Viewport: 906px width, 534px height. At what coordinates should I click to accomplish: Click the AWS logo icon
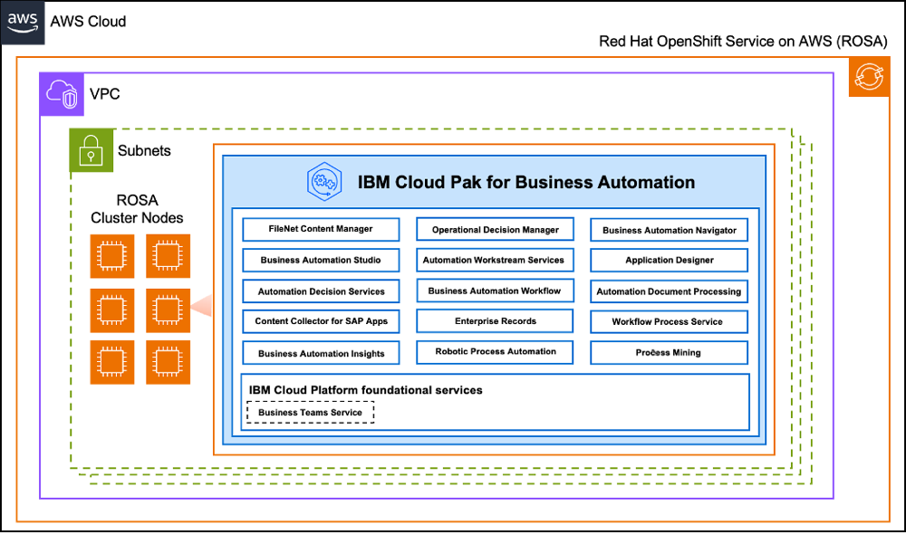24,21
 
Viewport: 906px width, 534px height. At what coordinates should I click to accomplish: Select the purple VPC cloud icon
61,93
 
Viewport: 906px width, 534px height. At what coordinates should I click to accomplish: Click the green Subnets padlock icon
92,150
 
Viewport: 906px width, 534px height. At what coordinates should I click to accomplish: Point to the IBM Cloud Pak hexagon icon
323,182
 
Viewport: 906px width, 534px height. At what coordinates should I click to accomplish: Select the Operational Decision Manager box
495,230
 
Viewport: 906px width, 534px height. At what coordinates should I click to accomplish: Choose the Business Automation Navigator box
669,230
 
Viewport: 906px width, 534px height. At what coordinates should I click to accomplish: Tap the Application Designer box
669,261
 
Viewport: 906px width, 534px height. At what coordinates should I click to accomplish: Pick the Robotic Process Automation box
495,351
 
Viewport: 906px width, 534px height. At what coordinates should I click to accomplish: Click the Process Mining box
669,352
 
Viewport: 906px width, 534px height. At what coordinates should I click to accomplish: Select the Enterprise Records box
495,321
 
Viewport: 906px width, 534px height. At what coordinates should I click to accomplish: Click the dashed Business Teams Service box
310,413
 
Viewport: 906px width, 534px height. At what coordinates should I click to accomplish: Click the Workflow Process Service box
669,321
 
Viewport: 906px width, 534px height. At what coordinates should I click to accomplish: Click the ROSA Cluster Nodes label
137,209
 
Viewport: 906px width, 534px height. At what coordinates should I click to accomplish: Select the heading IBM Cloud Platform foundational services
365,390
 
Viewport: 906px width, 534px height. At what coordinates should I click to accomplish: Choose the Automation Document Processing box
669,291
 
